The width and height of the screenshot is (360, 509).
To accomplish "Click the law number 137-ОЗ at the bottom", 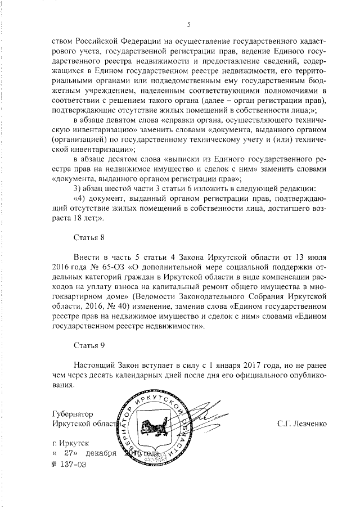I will coord(71,465).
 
